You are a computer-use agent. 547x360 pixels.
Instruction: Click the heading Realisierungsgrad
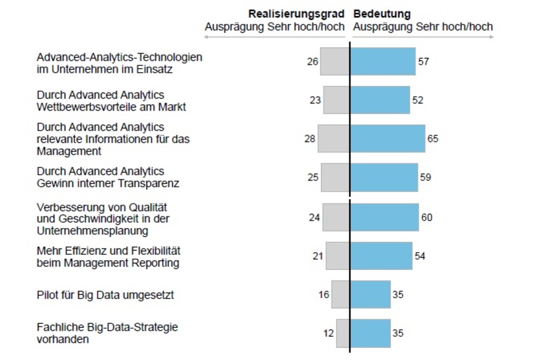tap(297, 13)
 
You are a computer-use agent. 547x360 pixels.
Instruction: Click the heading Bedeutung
tap(382, 13)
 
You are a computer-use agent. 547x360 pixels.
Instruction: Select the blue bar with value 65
tap(388, 139)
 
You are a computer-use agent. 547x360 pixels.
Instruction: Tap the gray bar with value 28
tap(334, 139)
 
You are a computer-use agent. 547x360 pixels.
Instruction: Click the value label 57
tap(424, 62)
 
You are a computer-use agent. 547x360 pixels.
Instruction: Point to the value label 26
tap(312, 62)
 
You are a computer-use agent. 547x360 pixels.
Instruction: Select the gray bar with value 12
tap(343, 333)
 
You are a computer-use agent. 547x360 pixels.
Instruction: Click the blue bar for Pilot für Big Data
tap(370, 295)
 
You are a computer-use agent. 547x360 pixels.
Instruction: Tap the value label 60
tap(427, 217)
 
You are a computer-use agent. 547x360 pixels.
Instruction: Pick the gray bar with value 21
tap(338, 256)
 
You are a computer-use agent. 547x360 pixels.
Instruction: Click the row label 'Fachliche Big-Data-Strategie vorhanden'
tap(107, 333)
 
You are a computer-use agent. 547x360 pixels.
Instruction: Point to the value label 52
tap(418, 100)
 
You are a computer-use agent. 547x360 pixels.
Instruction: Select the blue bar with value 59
tap(384, 177)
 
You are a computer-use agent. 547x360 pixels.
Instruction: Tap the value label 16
tap(324, 295)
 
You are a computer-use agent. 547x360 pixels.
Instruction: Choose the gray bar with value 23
tap(336, 100)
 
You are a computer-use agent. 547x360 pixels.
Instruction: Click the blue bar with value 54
tap(381, 256)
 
